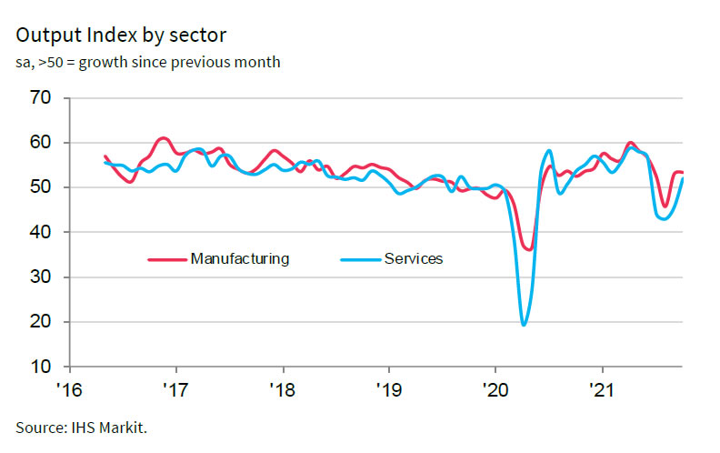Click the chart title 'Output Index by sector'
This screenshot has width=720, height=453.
coord(120,35)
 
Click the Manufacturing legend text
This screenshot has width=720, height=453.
coord(240,259)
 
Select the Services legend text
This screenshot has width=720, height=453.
coord(414,259)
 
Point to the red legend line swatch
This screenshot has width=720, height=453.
coord(167,260)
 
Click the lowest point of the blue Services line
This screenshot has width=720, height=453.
coord(524,324)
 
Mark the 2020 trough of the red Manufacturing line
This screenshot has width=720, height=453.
coord(529,248)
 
